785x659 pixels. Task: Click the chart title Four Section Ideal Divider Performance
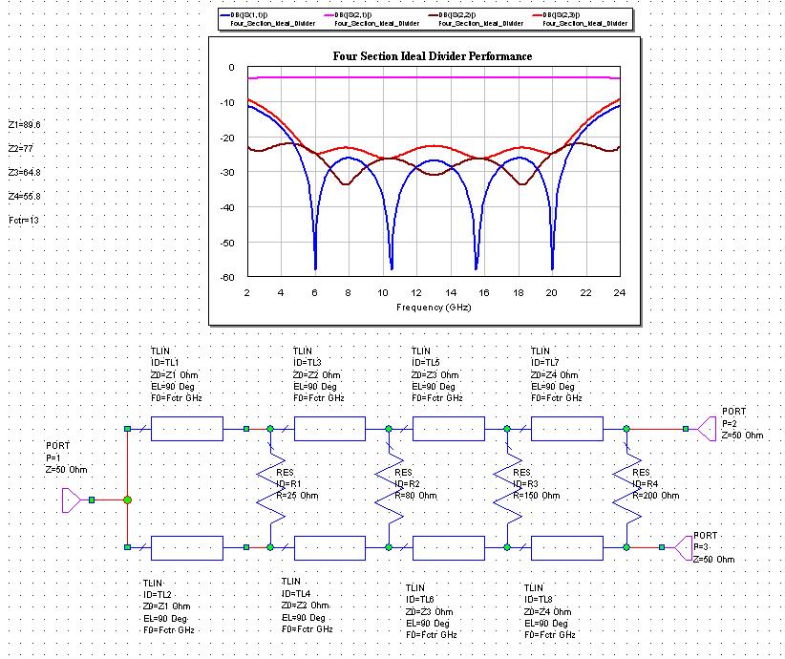click(x=432, y=56)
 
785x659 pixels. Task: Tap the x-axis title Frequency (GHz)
click(x=433, y=307)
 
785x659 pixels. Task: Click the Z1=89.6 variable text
click(x=25, y=125)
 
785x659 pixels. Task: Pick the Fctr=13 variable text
click(x=23, y=221)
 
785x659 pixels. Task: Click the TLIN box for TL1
click(x=187, y=429)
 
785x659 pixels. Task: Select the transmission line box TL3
click(x=329, y=429)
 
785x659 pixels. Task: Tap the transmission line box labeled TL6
click(x=448, y=547)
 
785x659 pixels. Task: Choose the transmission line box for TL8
click(x=566, y=547)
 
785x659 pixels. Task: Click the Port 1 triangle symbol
click(x=73, y=500)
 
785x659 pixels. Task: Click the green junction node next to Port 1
click(x=127, y=500)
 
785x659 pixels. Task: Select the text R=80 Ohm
click(x=415, y=496)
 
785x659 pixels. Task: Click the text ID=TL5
click(x=434, y=363)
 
